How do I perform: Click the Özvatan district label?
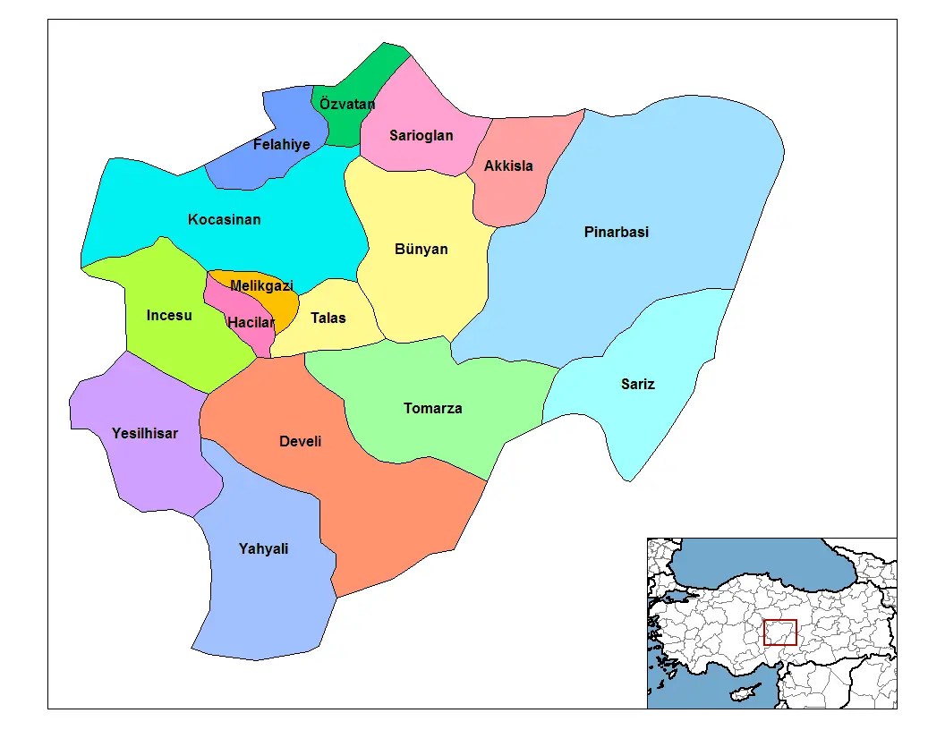click(347, 104)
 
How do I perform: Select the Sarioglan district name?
click(421, 136)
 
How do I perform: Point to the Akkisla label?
click(508, 166)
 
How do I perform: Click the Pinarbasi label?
click(617, 232)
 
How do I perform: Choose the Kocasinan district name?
click(225, 219)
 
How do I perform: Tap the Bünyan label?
click(421, 249)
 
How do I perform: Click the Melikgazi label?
click(261, 285)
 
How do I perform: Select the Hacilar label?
click(251, 322)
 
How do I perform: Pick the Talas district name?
click(328, 318)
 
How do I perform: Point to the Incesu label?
click(169, 315)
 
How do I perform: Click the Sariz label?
click(638, 384)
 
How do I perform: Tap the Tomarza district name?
click(433, 408)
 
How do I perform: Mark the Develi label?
click(301, 441)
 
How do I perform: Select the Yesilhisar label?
click(145, 433)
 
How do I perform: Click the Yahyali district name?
click(264, 548)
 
